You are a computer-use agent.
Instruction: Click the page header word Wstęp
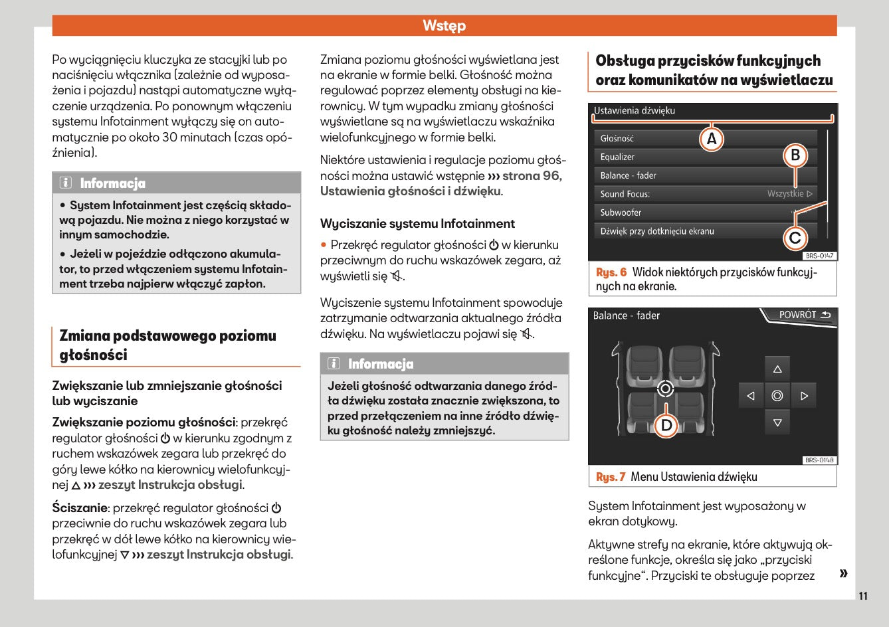[x=444, y=26]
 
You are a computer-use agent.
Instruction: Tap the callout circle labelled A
[x=712, y=139]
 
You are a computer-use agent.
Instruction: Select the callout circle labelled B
[x=795, y=155]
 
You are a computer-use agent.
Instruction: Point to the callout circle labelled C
[x=795, y=237]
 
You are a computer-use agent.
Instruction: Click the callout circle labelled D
[x=666, y=425]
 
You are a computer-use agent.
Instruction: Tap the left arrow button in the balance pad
[x=751, y=396]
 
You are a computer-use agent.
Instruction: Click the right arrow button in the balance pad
[x=804, y=396]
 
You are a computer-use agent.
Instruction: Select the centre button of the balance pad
[x=777, y=396]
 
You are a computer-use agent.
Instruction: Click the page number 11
[x=863, y=596]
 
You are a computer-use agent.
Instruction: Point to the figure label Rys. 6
[x=611, y=272]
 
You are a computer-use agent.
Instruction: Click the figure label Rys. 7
[x=611, y=477]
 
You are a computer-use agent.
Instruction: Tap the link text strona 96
[x=532, y=176]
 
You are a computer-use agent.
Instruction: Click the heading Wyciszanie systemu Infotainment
[x=417, y=224]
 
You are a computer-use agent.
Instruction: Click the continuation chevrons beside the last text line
[x=843, y=573]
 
